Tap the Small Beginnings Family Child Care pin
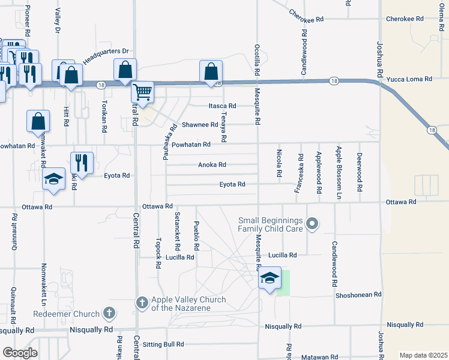click(312, 224)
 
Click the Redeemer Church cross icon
click(109, 313)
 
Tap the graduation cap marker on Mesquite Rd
click(270, 279)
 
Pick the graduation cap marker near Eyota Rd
click(54, 178)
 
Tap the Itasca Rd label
click(221, 106)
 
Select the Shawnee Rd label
click(200, 125)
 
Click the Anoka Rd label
click(212, 164)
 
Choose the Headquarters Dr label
click(106, 55)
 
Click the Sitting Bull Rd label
click(163, 344)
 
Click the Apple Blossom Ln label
click(339, 173)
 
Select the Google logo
click(20, 353)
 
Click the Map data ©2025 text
click(423, 355)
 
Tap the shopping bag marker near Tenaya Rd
click(211, 72)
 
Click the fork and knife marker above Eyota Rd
click(82, 163)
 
